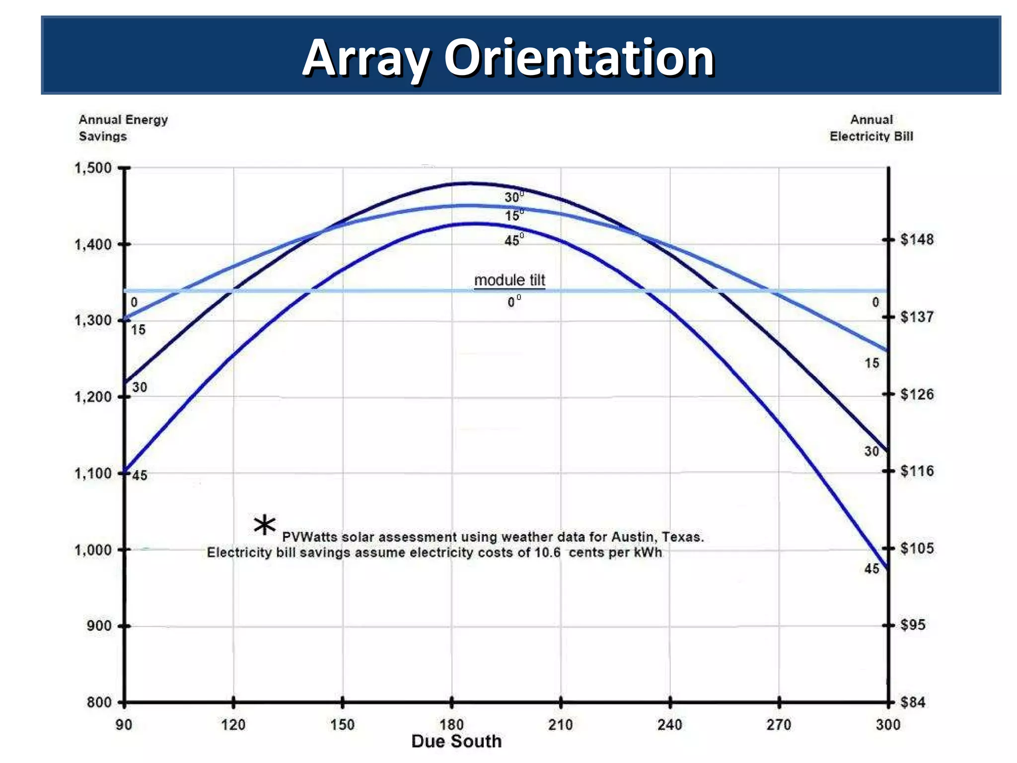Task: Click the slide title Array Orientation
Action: coord(508,58)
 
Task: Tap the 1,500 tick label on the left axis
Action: coord(93,168)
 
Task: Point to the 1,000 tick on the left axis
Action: coord(93,550)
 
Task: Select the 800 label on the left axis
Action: coord(99,702)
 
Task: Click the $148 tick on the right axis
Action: coord(917,240)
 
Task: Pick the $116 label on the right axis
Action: coord(917,471)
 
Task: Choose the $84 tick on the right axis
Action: coord(913,702)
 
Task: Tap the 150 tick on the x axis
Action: coord(342,725)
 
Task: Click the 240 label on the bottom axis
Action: coord(669,725)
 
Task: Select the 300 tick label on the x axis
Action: coord(888,725)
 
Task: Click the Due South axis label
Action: coord(456,741)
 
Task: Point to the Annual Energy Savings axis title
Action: coord(123,128)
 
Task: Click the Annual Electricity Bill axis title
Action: coord(871,128)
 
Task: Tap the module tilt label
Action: coord(509,280)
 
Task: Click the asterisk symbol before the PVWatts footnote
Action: coord(264,525)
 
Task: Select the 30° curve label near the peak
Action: coord(513,197)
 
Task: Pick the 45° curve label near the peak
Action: coord(513,240)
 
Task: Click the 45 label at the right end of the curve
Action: coord(872,569)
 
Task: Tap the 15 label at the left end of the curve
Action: coord(138,330)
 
